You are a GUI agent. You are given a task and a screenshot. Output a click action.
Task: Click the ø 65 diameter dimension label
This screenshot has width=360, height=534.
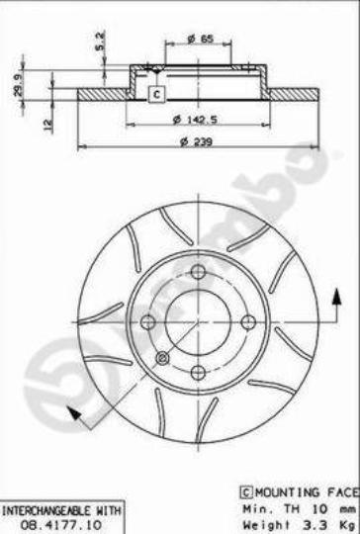[200, 39]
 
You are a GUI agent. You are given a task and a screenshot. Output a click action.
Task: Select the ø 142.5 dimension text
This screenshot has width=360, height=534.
[195, 120]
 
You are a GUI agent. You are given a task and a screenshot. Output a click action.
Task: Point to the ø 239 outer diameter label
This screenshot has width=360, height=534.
[196, 141]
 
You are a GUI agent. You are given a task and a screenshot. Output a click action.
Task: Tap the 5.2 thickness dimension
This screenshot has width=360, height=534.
[100, 42]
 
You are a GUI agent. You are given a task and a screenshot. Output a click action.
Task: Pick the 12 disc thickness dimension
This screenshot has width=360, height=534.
[48, 125]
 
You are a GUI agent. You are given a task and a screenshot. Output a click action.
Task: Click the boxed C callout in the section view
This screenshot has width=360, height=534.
[156, 94]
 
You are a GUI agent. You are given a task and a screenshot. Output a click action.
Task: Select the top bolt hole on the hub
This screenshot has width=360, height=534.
[198, 272]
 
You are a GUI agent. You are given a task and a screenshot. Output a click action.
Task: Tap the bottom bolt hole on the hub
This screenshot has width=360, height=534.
[198, 372]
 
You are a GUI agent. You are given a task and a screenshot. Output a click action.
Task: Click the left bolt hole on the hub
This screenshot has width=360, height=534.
[147, 322]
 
